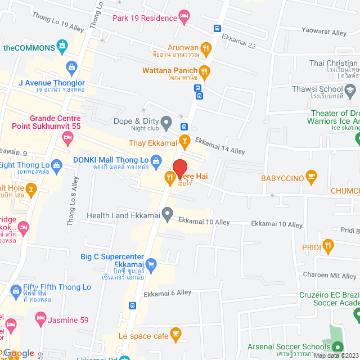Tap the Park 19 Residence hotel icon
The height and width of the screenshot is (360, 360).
[x=183, y=15]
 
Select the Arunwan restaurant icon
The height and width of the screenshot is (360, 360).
[x=206, y=48]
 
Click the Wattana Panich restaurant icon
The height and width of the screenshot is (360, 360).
[x=205, y=71]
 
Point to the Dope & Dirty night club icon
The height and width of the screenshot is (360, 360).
[x=166, y=121]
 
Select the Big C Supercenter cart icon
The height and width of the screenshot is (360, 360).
[x=150, y=264]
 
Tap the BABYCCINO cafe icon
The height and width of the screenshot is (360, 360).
[x=313, y=178]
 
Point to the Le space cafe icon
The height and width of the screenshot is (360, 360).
[x=175, y=334]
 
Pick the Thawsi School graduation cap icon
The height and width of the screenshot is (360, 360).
[x=350, y=89]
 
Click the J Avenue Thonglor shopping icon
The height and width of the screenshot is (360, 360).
[x=71, y=68]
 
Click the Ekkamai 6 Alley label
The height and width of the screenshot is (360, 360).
[x=167, y=293]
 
